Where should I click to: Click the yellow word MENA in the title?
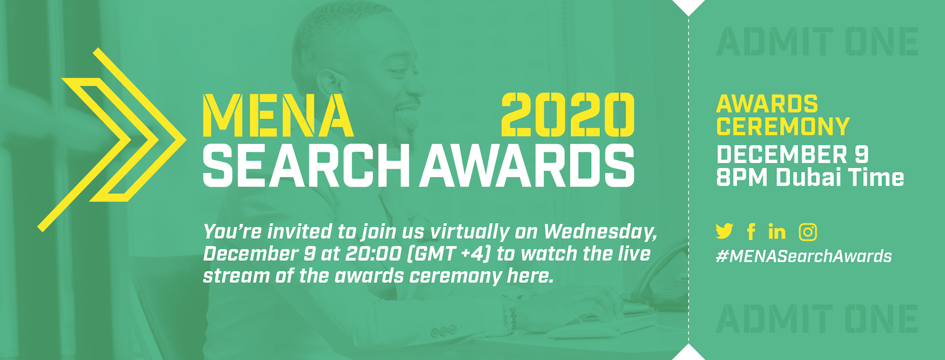[x=278, y=115]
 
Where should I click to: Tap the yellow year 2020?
[x=568, y=115]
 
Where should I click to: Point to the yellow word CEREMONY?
[x=783, y=126]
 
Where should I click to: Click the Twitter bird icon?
[x=724, y=231]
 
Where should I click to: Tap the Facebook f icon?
[x=751, y=231]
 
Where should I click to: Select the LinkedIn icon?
[x=777, y=231]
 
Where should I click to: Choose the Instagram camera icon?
[x=808, y=231]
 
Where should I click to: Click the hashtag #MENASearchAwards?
[x=804, y=256]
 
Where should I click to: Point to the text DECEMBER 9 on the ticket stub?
[x=793, y=155]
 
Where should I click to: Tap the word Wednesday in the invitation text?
[x=600, y=232]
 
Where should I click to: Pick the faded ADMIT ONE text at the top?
[x=817, y=42]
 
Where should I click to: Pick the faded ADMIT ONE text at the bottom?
[x=817, y=319]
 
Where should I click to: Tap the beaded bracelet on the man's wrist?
[x=509, y=313]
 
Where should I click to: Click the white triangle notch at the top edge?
[x=688, y=6]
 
